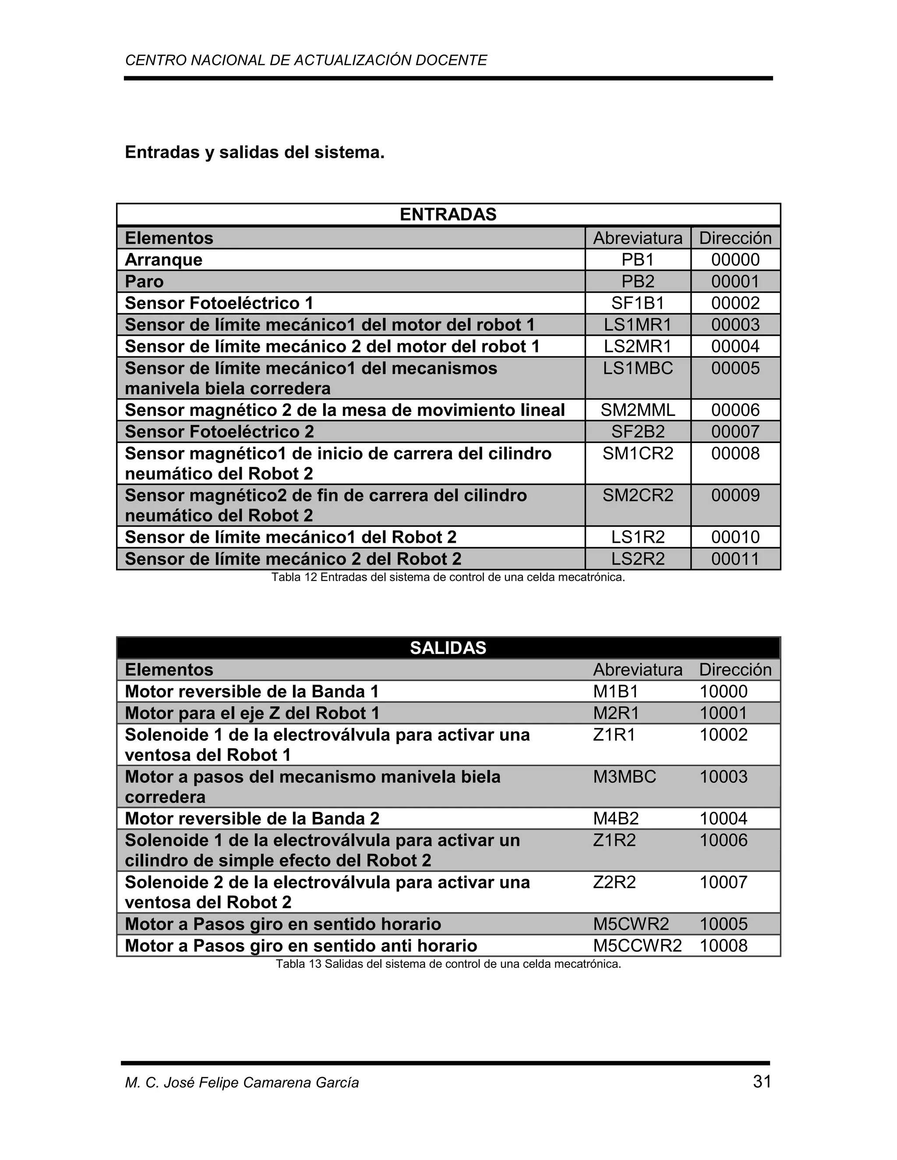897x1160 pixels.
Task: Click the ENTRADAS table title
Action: pyautogui.click(x=448, y=214)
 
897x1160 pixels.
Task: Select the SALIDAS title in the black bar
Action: pyautogui.click(x=448, y=648)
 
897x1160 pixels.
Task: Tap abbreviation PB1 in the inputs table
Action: pyautogui.click(x=638, y=260)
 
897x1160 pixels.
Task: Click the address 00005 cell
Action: pyautogui.click(x=735, y=368)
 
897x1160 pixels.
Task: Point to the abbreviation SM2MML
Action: pyautogui.click(x=638, y=410)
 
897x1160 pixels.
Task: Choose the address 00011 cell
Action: pyautogui.click(x=735, y=559)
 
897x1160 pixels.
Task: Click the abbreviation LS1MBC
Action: pyautogui.click(x=638, y=368)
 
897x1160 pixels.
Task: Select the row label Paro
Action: pyautogui.click(x=144, y=281)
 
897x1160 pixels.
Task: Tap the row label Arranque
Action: pyautogui.click(x=164, y=260)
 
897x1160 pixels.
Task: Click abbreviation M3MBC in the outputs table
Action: pyautogui.click(x=625, y=777)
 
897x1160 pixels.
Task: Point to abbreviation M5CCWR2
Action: pyautogui.click(x=637, y=946)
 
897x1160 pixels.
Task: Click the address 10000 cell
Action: pyautogui.click(x=723, y=692)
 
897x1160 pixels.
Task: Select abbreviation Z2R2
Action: pyautogui.click(x=614, y=882)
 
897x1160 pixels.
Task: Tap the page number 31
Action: pyautogui.click(x=762, y=1082)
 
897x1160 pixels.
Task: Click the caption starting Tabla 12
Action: pyautogui.click(x=448, y=577)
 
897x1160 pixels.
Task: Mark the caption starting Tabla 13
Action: pyautogui.click(x=448, y=964)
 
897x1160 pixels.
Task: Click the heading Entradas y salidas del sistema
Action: pyautogui.click(x=254, y=152)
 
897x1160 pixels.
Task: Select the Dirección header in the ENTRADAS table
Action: pyautogui.click(x=735, y=238)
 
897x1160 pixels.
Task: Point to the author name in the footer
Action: pyautogui.click(x=242, y=1083)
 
